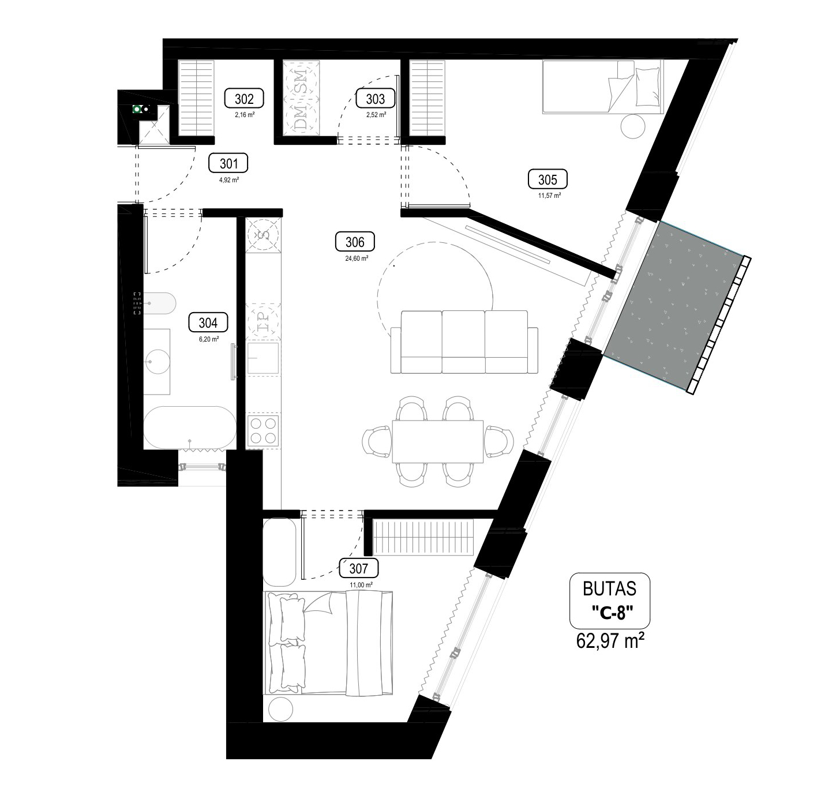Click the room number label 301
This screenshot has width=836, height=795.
pos(229,163)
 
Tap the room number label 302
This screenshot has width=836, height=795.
pos(244,99)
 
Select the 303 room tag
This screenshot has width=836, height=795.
pos(376,99)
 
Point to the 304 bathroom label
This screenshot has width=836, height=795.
pos(208,323)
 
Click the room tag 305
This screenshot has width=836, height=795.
pos(548,179)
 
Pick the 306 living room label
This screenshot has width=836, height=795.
pos(355,242)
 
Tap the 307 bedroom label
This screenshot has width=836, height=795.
pos(358,568)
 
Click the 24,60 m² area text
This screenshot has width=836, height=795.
pos(357,258)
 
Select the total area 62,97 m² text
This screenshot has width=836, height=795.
pos(608,640)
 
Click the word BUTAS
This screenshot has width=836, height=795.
pos(609,588)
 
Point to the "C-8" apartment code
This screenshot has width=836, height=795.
pos(612,613)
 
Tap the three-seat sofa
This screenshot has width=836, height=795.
pos(464,343)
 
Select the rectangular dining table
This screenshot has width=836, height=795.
pos(437,441)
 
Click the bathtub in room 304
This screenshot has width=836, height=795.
pos(189,428)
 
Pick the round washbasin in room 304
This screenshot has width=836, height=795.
pos(156,362)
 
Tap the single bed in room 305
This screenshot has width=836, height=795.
pos(602,87)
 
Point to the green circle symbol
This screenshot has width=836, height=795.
pos(137,109)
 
